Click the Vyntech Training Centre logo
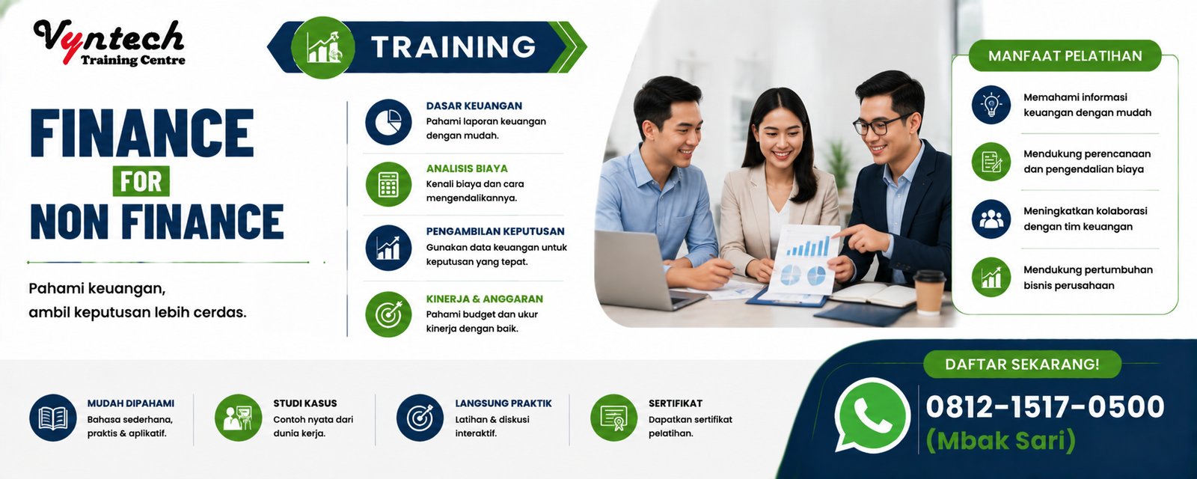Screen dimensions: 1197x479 coord(109,43)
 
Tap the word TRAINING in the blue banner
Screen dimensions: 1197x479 coord(453,46)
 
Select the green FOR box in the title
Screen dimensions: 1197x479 coord(141,181)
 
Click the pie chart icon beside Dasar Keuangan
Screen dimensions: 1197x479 coord(388,122)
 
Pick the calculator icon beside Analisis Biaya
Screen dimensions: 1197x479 coord(388,184)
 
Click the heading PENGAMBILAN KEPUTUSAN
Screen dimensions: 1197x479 coord(495,231)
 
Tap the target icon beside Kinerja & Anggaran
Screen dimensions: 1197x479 coord(388,314)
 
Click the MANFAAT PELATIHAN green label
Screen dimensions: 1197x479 coord(1065,55)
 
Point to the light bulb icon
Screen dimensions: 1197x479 coord(991,105)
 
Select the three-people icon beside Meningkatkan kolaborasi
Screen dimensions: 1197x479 coord(991,219)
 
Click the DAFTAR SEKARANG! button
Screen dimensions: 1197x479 coord(1022,364)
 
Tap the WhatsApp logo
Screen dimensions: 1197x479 coord(872,415)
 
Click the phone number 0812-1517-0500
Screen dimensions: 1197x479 coord(1044,407)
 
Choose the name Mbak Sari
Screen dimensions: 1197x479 coord(1000,441)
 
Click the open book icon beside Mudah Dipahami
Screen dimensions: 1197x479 coord(53,418)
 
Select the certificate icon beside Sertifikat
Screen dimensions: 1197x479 coord(614,418)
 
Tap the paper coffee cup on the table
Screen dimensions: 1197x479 coord(929,292)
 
